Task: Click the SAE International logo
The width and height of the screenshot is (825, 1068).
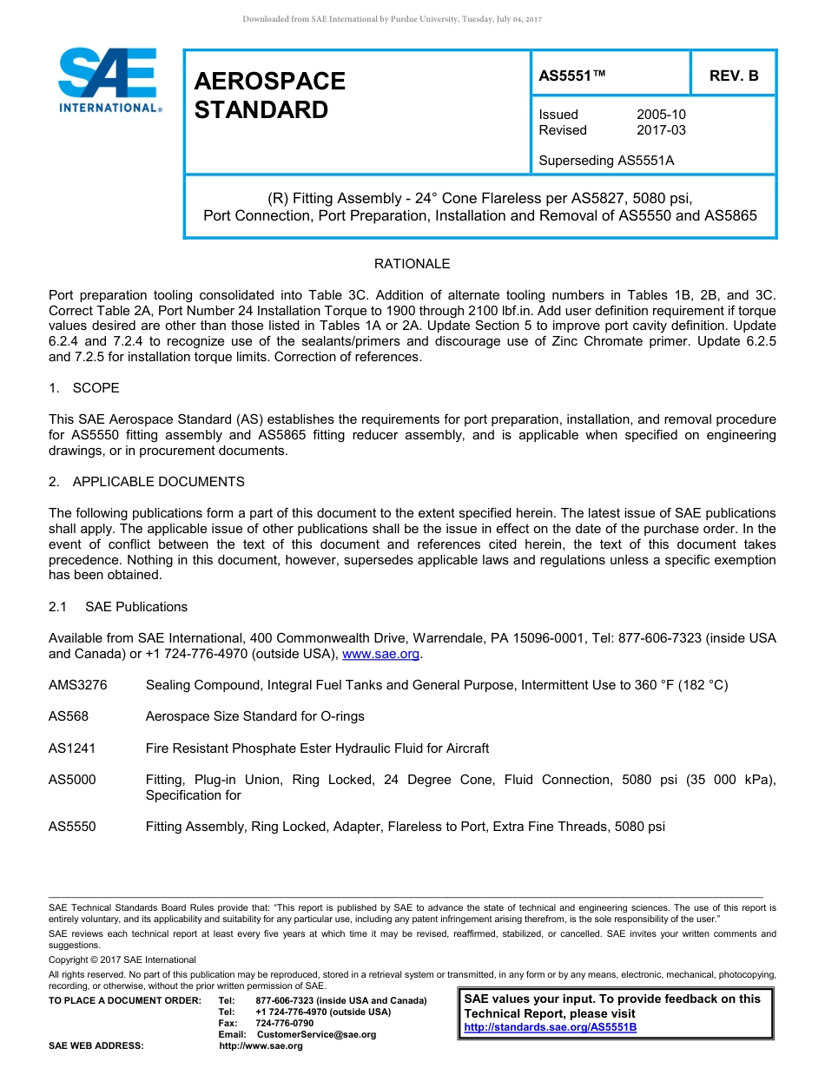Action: [x=109, y=81]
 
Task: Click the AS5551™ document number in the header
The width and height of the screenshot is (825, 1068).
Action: [x=571, y=76]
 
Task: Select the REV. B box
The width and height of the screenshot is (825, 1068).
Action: [x=733, y=76]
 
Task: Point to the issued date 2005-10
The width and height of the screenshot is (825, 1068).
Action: [x=661, y=115]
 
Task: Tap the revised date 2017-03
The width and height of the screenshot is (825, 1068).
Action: [x=661, y=130]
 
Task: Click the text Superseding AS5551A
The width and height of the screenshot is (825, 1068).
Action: [x=606, y=161]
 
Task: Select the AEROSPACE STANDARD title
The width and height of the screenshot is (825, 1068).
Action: [x=269, y=96]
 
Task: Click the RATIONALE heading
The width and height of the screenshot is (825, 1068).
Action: [x=412, y=264]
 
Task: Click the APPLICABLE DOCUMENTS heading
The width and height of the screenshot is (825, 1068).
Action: [x=158, y=482]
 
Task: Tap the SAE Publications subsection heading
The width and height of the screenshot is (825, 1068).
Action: [x=136, y=607]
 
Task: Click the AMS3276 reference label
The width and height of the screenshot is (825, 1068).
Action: [x=78, y=685]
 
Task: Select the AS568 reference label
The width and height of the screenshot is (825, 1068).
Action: [x=69, y=716]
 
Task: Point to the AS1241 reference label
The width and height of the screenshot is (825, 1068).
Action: [x=72, y=748]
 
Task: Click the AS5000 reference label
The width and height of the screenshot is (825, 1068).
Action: [x=72, y=780]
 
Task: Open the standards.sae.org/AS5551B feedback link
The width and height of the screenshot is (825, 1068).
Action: [x=551, y=1027]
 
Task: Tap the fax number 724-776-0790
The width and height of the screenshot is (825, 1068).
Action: [x=284, y=1023]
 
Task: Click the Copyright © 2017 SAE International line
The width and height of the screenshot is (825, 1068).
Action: [x=122, y=959]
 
